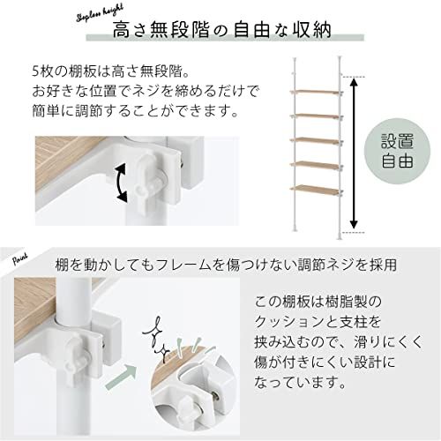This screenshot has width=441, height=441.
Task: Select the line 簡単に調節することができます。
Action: [123, 112]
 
